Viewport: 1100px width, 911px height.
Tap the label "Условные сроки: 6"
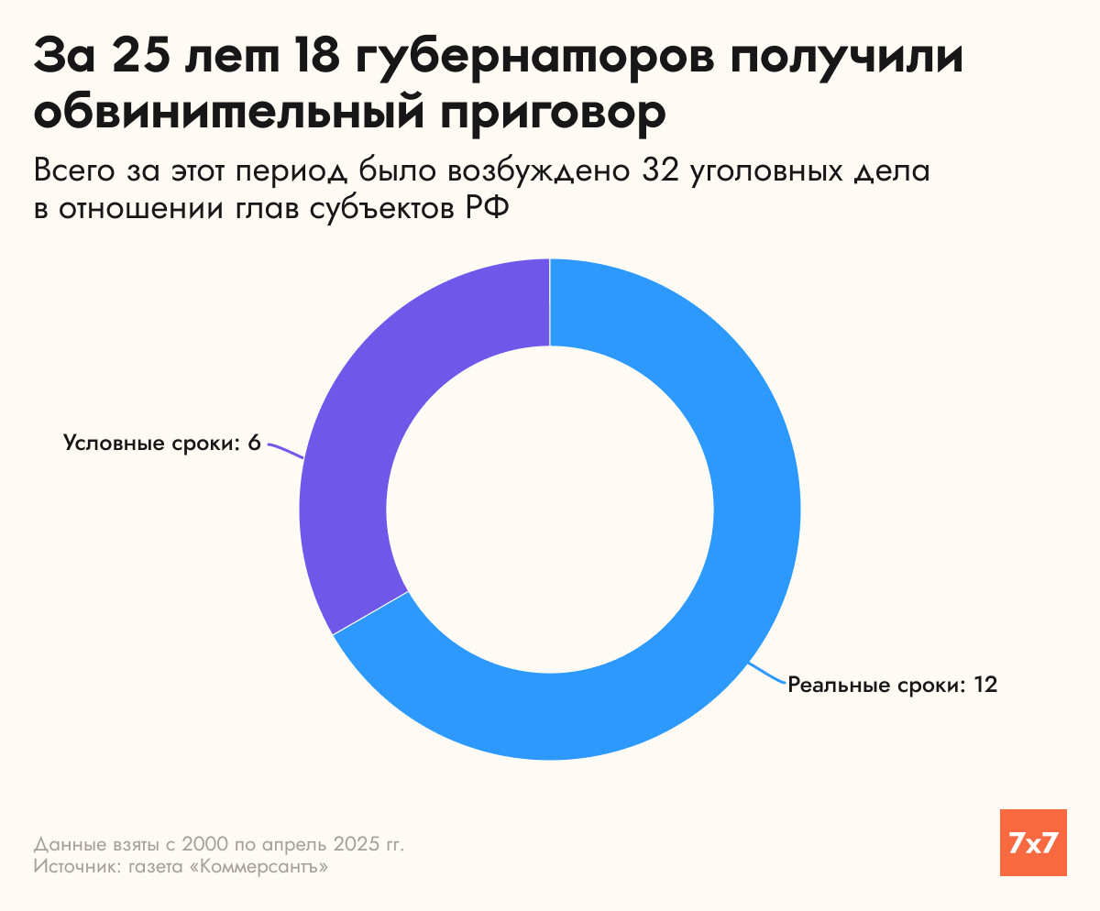click(x=162, y=444)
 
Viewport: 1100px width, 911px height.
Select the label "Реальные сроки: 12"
click(x=892, y=685)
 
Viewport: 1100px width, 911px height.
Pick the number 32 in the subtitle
click(x=707, y=171)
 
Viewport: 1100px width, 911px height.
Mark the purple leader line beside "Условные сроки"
click(x=284, y=451)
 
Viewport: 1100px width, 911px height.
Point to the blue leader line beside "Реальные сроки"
click(x=766, y=674)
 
